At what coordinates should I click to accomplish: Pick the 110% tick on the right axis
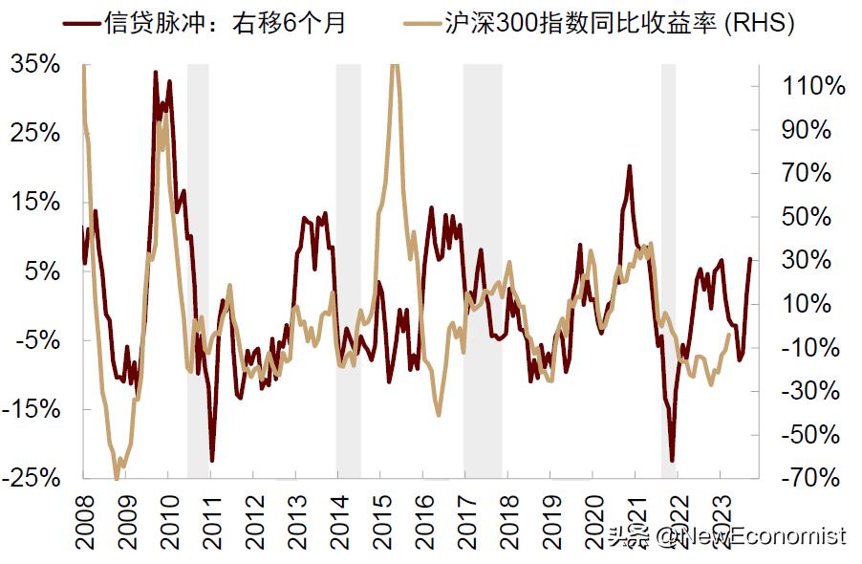[812, 87]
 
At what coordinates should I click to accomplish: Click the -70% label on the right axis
[812, 477]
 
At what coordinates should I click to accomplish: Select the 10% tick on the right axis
[818, 304]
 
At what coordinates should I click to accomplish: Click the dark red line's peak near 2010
[156, 73]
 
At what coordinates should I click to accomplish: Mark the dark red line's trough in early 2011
[212, 460]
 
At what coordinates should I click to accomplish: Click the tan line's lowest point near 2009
[117, 477]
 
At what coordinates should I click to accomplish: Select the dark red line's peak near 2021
[629, 167]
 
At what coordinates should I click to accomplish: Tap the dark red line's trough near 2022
[672, 460]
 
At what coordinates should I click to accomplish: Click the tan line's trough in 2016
[439, 414]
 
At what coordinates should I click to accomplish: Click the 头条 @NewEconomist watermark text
[726, 536]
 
